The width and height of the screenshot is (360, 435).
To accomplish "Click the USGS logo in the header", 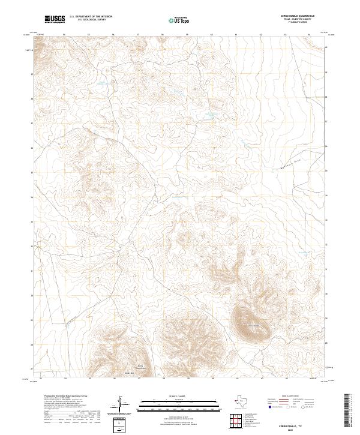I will [x=55, y=20].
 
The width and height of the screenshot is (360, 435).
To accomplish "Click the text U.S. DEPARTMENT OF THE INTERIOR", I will [x=91, y=17].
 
